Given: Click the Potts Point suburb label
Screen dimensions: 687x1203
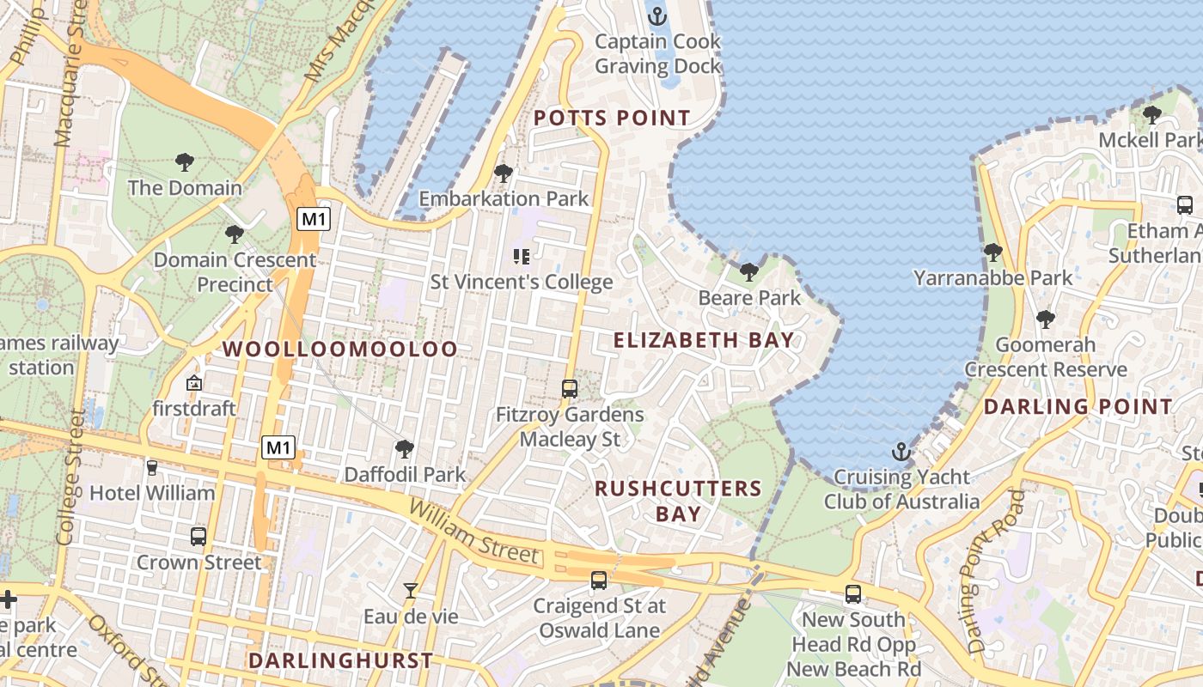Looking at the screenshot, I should tap(612, 119).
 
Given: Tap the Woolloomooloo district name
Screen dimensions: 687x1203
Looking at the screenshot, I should tap(340, 350).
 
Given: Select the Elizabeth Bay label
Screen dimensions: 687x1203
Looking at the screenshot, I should tap(703, 340).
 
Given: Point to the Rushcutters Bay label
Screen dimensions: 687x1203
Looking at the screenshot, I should tap(678, 501).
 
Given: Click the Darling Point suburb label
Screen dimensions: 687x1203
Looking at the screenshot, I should tap(1078, 407).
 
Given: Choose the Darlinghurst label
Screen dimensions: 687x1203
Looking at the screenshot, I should tap(340, 660).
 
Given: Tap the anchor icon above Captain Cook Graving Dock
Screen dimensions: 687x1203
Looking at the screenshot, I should tap(657, 15).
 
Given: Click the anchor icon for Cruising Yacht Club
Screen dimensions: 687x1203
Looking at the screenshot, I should tap(901, 451).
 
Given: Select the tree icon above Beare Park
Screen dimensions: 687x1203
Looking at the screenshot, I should tap(749, 272).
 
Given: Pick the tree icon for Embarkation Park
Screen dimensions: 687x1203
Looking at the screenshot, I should tap(504, 173).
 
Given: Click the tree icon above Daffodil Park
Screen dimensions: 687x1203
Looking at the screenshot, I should tap(404, 448).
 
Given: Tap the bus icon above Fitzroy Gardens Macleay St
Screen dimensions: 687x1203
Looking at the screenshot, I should tap(569, 388).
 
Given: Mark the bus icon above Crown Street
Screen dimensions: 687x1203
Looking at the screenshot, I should tap(198, 537).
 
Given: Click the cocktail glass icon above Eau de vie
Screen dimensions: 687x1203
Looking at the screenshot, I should tap(411, 591).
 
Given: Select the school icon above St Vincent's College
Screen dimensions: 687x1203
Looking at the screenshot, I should tap(521, 256).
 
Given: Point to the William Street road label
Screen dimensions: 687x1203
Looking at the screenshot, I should tap(474, 532).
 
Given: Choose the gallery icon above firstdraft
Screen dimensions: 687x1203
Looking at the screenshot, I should tap(194, 383).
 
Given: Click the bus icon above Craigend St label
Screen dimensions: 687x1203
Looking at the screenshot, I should tap(599, 581).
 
